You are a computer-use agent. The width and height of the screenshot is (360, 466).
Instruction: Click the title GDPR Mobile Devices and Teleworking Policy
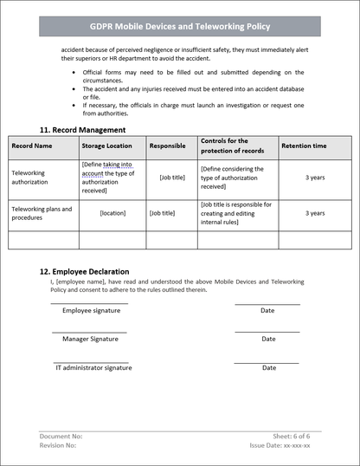tap(179, 28)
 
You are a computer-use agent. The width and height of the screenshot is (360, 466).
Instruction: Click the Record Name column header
tap(32, 146)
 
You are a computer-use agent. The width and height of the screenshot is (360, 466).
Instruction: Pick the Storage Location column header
tap(106, 146)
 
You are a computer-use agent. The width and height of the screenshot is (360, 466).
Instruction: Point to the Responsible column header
tap(167, 146)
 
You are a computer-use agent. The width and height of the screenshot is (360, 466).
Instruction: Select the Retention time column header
tap(304, 146)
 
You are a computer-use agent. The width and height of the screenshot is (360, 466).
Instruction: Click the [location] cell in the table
tap(112, 213)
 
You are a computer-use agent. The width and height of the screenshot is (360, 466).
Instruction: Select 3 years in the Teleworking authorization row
tap(315, 177)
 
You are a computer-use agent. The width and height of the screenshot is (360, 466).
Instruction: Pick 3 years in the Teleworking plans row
tap(315, 213)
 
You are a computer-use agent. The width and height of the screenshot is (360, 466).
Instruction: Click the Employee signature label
tap(91, 310)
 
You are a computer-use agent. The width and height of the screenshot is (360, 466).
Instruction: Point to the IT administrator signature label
tap(93, 368)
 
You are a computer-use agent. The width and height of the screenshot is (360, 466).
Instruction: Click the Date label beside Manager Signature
tap(268, 339)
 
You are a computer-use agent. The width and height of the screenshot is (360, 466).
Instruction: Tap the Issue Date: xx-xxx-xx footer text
tap(280, 445)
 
